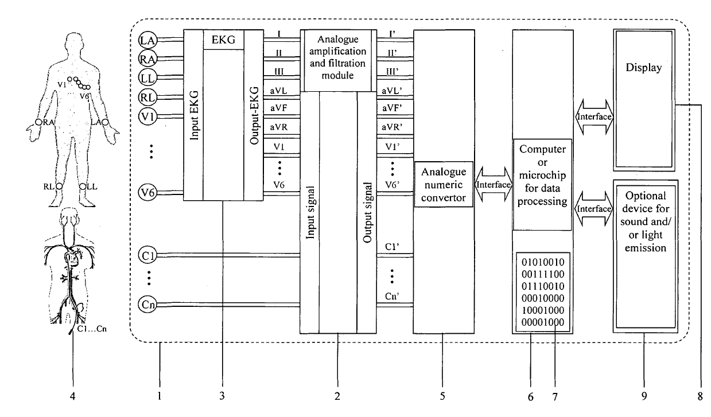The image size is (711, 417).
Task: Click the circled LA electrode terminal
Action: tap(147, 40)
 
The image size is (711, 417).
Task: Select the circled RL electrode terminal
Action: tap(147, 98)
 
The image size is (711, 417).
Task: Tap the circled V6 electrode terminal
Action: tap(147, 193)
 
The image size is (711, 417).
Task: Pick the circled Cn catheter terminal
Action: tap(147, 305)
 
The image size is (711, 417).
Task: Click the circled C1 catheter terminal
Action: tap(147, 255)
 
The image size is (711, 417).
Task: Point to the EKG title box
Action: tap(223, 40)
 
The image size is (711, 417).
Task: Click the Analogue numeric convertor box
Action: tap(444, 184)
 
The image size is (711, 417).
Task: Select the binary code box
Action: tap(543, 292)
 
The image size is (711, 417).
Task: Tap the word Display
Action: tap(644, 68)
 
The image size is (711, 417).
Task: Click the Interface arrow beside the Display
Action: tap(594, 117)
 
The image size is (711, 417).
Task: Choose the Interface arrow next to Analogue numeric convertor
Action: tap(494, 184)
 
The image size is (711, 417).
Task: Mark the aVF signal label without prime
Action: tap(279, 108)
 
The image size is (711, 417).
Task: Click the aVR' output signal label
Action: tap(393, 127)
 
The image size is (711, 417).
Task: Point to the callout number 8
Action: tap(700, 396)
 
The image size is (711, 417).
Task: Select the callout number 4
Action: tap(73, 396)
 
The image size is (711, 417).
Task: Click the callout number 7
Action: tap(555, 397)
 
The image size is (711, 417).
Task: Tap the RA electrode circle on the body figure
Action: tap(38, 122)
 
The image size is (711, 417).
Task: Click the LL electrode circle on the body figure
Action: tap(83, 186)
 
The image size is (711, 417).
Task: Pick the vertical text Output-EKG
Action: tap(254, 115)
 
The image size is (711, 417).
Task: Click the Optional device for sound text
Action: tap(646, 209)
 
